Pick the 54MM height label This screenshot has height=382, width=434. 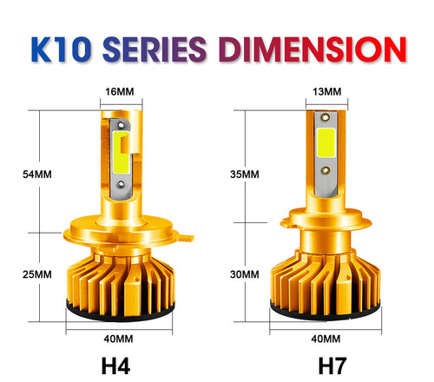pos(38,174)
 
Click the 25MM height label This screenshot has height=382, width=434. pos(38,273)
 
